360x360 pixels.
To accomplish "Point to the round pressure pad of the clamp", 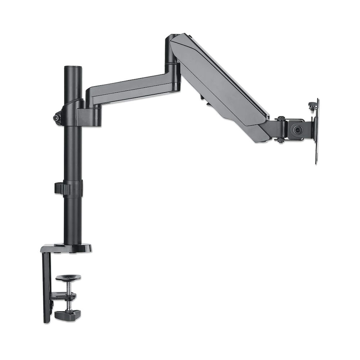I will tap(68, 278).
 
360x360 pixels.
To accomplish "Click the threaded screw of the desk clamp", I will tap(67, 288).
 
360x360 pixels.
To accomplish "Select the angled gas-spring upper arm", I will tap(220, 85).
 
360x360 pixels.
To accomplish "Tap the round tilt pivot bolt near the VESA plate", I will tap(297, 129).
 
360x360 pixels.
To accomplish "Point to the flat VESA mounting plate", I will tap(317, 130).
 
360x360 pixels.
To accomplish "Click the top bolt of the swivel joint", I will tap(280, 118).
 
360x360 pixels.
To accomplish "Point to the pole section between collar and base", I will tap(72, 216).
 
